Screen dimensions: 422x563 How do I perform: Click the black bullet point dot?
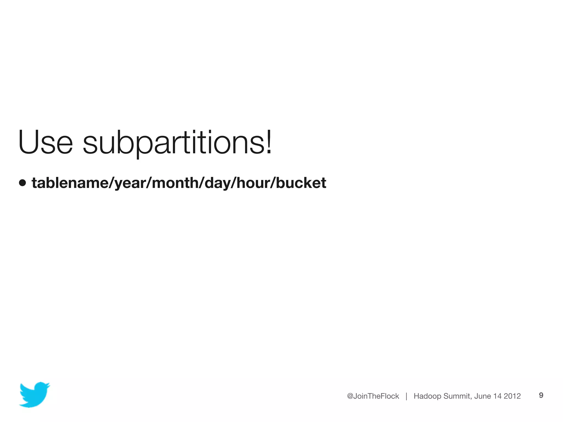(x=23, y=183)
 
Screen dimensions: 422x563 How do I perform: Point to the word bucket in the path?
(x=301, y=183)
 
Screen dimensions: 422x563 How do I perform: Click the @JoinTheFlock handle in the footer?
(x=373, y=396)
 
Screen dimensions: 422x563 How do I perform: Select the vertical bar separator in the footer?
(x=406, y=396)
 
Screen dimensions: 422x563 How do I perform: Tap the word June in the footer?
(x=482, y=396)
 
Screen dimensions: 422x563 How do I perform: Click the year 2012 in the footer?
(x=512, y=396)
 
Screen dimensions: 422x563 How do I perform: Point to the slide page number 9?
(x=541, y=395)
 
